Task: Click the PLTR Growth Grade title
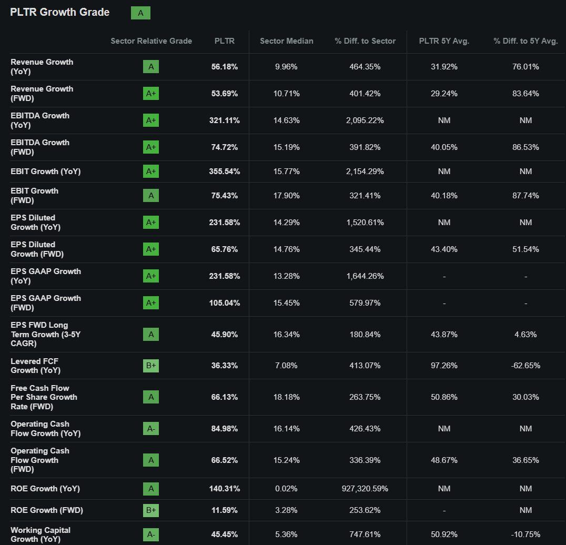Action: coord(60,13)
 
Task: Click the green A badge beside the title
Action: coord(140,13)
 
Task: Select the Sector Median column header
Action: coord(287,41)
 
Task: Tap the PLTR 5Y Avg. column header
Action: coord(444,41)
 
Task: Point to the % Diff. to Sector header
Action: coord(365,41)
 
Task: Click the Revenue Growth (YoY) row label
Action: coord(42,66)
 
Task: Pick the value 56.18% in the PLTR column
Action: coord(225,67)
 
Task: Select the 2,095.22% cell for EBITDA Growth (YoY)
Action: coord(365,120)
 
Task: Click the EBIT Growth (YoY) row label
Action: coord(46,171)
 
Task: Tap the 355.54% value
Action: coord(225,171)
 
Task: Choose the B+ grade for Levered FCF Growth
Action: coord(151,366)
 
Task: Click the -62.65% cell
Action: coord(525,366)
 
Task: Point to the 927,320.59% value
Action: coord(365,489)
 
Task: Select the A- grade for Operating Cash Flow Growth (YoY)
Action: coord(151,429)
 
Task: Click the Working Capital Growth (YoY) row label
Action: coord(41,534)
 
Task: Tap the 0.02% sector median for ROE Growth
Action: coord(287,489)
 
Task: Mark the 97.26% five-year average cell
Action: coord(444,366)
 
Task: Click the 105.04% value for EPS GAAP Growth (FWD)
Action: coord(225,303)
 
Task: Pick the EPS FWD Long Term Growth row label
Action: coord(39,334)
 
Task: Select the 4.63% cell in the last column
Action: coord(525,335)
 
